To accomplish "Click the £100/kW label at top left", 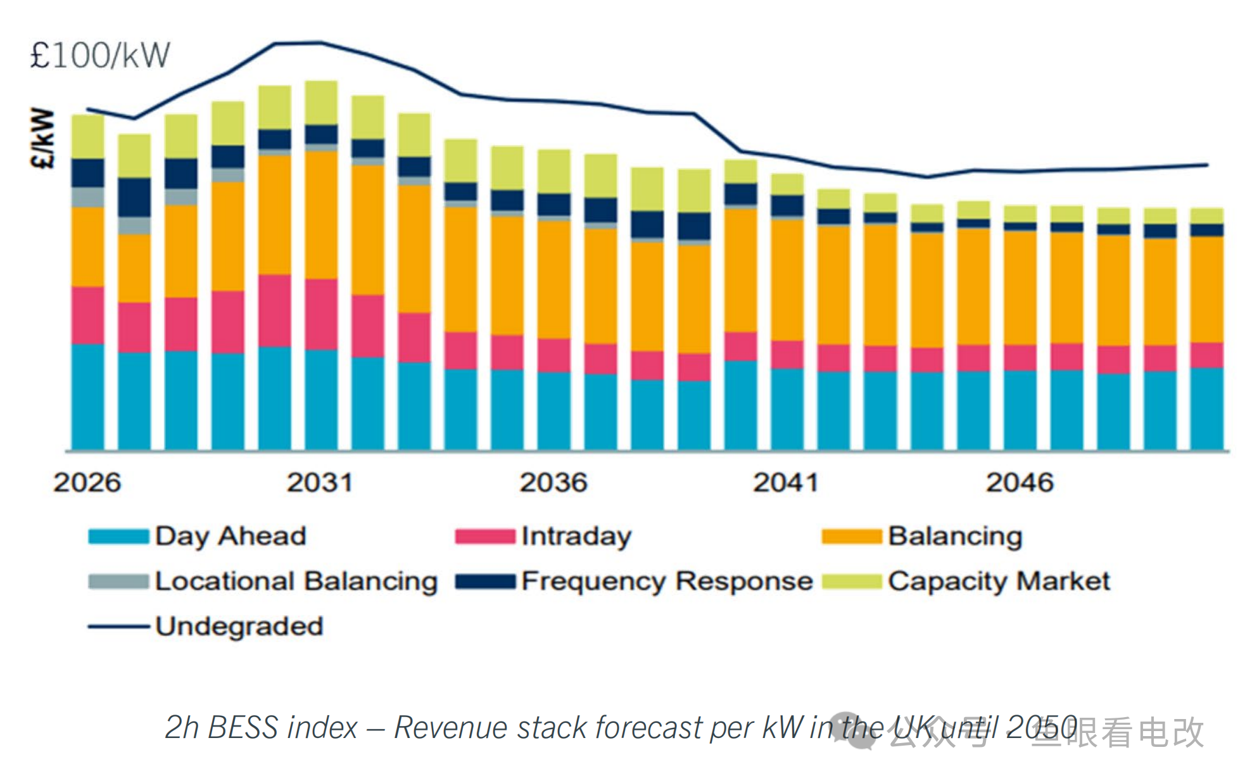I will pyautogui.click(x=100, y=56).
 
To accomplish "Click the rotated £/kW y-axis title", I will pyautogui.click(x=43, y=138).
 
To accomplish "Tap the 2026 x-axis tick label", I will pyautogui.click(x=87, y=483).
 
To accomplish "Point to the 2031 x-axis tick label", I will pyautogui.click(x=320, y=483).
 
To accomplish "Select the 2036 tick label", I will pyautogui.click(x=553, y=483).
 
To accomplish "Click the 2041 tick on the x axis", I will pyautogui.click(x=786, y=483).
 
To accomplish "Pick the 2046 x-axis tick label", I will pyautogui.click(x=1020, y=483).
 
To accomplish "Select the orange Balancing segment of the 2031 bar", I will pyautogui.click(x=321, y=215).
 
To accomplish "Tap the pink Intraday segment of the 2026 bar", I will pyautogui.click(x=88, y=315).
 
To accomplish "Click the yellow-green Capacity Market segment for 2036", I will pyautogui.click(x=554, y=171).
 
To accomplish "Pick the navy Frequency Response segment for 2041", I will pyautogui.click(x=787, y=206).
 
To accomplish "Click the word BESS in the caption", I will pyautogui.click(x=242, y=727).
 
